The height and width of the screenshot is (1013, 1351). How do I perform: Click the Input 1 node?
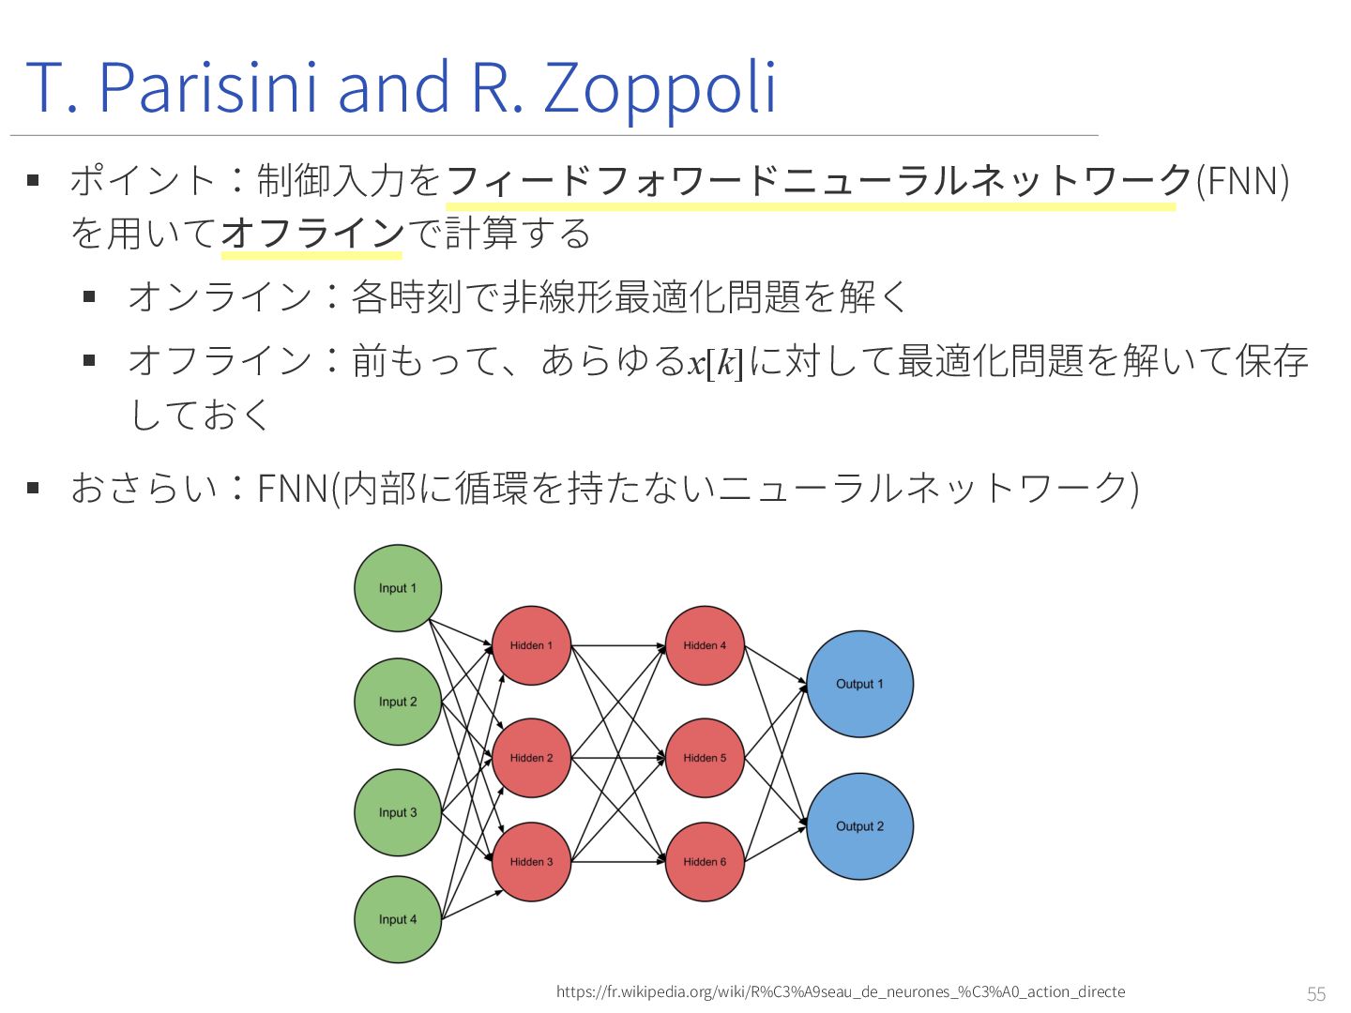(x=398, y=588)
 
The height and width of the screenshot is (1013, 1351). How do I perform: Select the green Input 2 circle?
(x=398, y=702)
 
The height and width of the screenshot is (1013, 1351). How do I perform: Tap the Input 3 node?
(x=398, y=812)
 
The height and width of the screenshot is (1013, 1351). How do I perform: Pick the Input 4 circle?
(x=398, y=919)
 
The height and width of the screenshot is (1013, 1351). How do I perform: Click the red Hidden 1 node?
(x=531, y=645)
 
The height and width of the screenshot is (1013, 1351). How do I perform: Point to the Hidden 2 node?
(x=531, y=758)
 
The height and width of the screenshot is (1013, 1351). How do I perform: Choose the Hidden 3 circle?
(x=531, y=862)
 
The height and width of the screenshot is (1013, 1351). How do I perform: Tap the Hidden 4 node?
(x=705, y=645)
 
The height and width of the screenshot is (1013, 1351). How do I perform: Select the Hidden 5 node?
(x=705, y=758)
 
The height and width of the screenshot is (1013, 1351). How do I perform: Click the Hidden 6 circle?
(x=705, y=862)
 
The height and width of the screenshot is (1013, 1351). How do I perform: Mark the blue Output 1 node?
(x=859, y=684)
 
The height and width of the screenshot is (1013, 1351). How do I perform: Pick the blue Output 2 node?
(x=859, y=826)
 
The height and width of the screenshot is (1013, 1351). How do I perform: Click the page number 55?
(x=1316, y=993)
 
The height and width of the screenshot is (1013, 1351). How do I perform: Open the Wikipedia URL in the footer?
(x=841, y=991)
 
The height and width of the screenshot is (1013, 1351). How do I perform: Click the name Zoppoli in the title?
(x=660, y=88)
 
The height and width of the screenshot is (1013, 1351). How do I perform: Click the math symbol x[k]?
(x=715, y=362)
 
